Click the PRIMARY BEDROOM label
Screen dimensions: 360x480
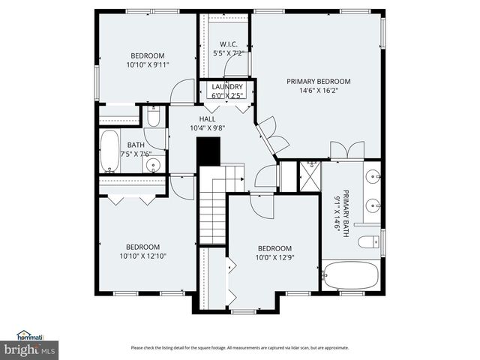click(x=318, y=81)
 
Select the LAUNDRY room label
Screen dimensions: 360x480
click(x=226, y=87)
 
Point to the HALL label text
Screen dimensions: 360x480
click(x=207, y=118)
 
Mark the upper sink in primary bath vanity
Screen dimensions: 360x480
click(x=372, y=178)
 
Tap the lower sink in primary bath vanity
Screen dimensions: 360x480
click(x=372, y=205)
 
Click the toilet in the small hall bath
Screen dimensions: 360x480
click(x=154, y=117)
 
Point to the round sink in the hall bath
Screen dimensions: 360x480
click(x=154, y=164)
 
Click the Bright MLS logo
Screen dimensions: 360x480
click(x=30, y=349)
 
